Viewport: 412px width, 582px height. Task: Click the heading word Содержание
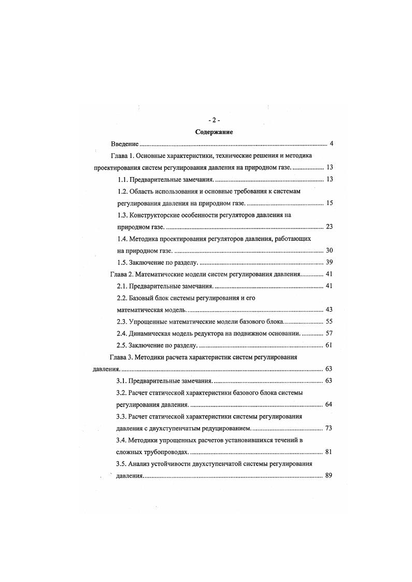click(x=214, y=132)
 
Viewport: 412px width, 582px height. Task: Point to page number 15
click(x=328, y=203)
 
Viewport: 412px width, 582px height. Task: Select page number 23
click(x=328, y=227)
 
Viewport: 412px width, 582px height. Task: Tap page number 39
click(x=328, y=262)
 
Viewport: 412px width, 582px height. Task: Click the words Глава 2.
click(x=122, y=274)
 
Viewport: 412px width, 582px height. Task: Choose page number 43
click(x=328, y=310)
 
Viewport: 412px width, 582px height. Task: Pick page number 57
click(x=328, y=333)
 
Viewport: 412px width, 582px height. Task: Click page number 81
click(x=328, y=452)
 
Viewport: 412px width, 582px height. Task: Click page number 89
click(x=328, y=475)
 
